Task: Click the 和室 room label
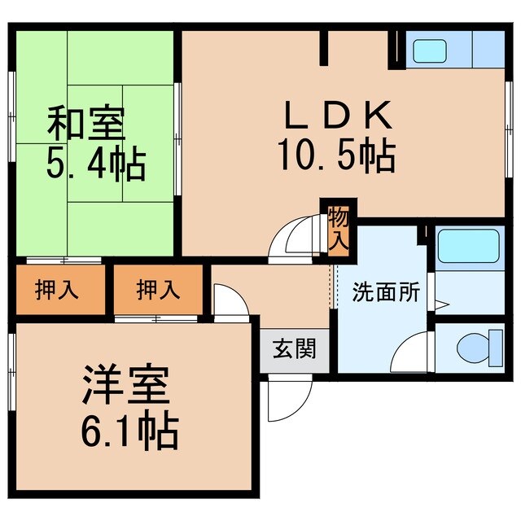pyautogui.click(x=85, y=127)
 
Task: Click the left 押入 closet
pyautogui.click(x=57, y=290)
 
